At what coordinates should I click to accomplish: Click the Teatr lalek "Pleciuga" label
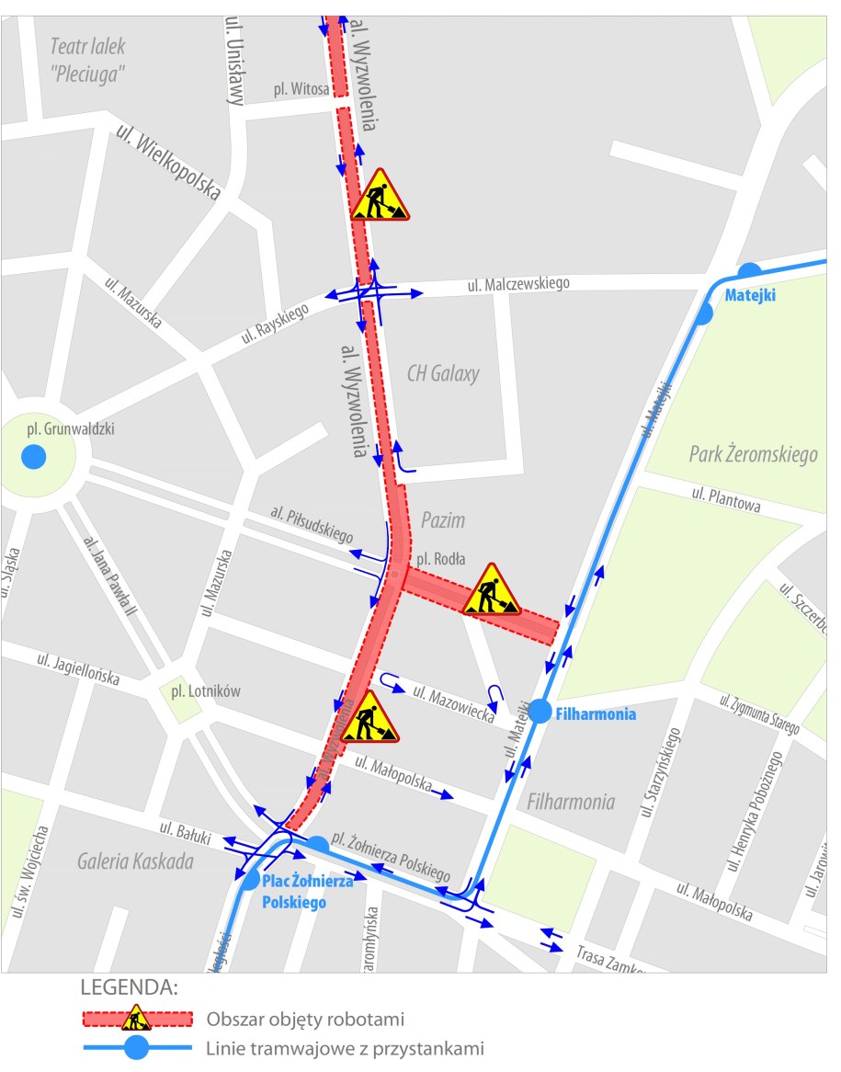click(x=87, y=58)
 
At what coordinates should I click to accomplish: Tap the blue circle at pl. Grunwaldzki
click(x=34, y=455)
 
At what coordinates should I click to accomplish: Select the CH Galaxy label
click(x=443, y=374)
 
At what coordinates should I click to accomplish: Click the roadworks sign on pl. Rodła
click(x=491, y=590)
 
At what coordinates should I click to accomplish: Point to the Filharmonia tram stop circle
click(x=540, y=712)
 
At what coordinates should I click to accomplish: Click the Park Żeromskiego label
click(x=753, y=454)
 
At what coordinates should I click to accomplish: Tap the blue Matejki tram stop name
click(x=750, y=296)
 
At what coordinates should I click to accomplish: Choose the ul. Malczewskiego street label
click(x=518, y=284)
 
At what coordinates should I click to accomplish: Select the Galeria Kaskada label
click(x=135, y=861)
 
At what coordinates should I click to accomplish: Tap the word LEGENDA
click(x=129, y=988)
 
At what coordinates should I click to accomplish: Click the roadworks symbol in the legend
click(x=137, y=1018)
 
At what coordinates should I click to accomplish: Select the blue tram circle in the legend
click(x=137, y=1048)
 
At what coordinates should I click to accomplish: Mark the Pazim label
click(x=443, y=520)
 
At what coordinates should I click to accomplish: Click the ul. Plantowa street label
click(x=726, y=499)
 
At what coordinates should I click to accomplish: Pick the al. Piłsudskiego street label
click(x=313, y=522)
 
